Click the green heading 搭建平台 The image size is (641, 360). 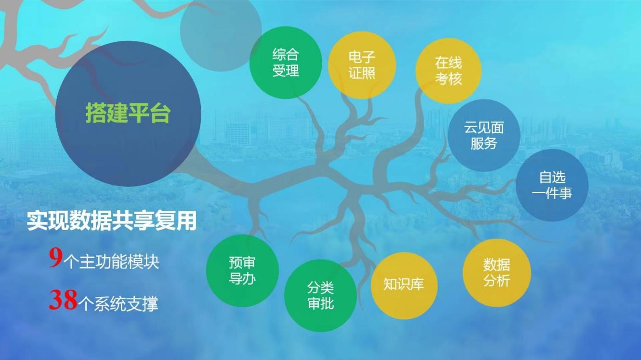click(128, 113)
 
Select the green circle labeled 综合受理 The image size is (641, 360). click(286, 63)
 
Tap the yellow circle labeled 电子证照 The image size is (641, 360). click(362, 65)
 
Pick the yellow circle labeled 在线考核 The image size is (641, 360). click(448, 71)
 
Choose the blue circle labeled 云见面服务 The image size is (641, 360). click(484, 135)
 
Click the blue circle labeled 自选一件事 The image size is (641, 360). click(552, 185)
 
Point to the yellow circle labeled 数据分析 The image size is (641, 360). click(497, 273)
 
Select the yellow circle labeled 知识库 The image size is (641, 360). click(404, 286)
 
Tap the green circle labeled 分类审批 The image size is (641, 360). click(321, 296)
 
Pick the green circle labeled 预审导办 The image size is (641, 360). click(242, 270)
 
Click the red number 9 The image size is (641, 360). click(55, 258)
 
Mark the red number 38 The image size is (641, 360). click(63, 300)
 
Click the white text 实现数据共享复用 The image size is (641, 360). click(112, 220)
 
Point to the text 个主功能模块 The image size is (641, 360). click(111, 262)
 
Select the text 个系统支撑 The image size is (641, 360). click(118, 303)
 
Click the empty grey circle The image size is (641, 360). click(221, 31)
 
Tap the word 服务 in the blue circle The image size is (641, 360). click(484, 143)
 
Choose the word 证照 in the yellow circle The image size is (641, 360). click(362, 73)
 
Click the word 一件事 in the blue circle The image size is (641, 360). click(552, 193)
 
